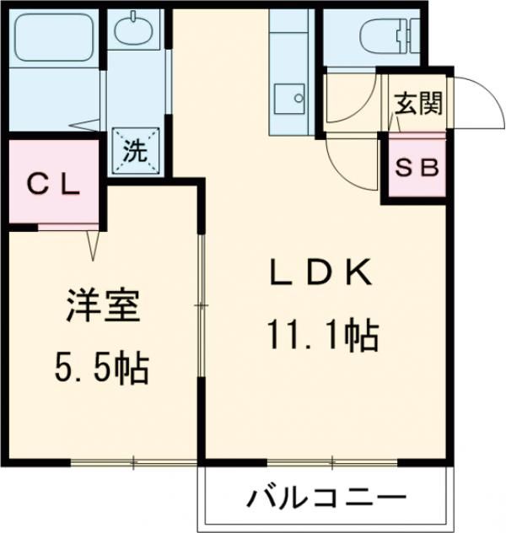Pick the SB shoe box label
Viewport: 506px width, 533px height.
[417, 167]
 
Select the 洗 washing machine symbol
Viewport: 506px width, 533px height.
[134, 151]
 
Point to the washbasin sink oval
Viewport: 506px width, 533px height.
[133, 34]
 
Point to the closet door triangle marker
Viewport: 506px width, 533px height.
[92, 244]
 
